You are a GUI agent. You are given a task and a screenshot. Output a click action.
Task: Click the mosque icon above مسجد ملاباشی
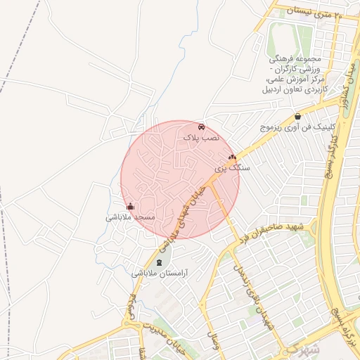130,207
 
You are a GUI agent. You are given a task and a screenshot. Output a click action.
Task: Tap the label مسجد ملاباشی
129,217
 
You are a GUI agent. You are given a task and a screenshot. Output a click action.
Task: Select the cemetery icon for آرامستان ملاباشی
158,262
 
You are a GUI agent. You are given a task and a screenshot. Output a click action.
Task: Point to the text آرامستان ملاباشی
156,273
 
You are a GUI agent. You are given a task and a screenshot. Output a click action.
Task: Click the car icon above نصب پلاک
202,127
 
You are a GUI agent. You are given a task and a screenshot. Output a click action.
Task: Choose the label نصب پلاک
202,138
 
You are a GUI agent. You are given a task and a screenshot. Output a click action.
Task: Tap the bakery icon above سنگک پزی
232,157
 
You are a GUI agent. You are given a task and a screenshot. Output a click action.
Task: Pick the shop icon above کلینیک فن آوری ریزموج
298,116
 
